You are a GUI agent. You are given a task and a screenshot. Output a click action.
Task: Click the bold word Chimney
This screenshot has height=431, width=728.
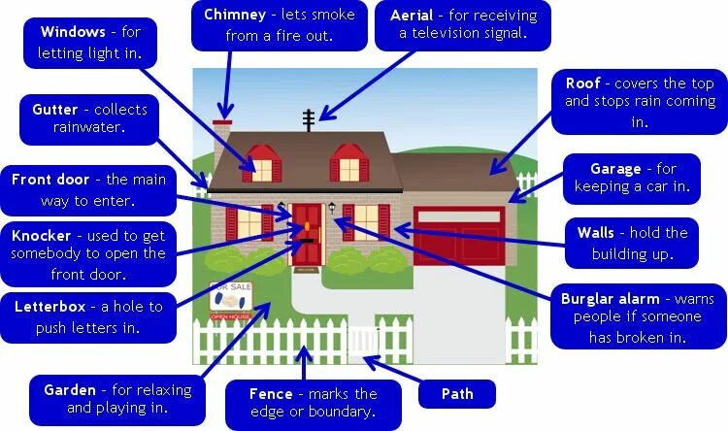(x=237, y=16)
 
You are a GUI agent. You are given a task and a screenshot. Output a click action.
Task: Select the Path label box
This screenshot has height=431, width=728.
(x=457, y=394)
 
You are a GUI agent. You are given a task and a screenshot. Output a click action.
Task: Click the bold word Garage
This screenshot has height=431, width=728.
(x=614, y=168)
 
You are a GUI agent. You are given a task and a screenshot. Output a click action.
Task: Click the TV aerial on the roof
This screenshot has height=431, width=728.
(x=309, y=119)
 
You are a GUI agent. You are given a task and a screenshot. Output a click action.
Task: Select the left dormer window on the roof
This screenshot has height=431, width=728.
(x=261, y=163)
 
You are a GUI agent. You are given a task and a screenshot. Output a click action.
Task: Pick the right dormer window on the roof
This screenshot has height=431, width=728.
(x=348, y=163)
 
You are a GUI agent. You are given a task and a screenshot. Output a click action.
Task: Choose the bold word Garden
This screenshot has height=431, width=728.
(x=70, y=390)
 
